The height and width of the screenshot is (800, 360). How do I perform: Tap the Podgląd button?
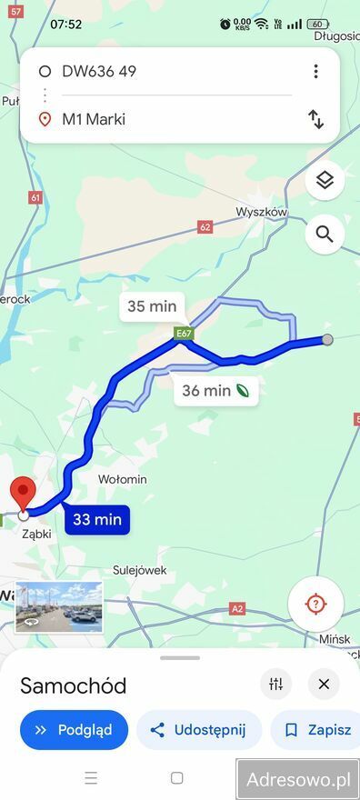click(74, 729)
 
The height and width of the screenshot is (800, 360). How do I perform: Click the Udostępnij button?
click(198, 729)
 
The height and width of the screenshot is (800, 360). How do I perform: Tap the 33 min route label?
click(97, 520)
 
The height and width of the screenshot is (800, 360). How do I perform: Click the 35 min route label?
click(152, 306)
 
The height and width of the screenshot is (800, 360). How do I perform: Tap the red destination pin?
click(23, 495)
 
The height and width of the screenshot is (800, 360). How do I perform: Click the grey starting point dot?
click(327, 340)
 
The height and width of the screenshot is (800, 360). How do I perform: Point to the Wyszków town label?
click(261, 212)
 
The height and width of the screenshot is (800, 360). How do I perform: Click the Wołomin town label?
click(122, 479)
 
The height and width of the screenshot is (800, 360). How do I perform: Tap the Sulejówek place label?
click(140, 570)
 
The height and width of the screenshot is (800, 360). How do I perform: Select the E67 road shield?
click(185, 334)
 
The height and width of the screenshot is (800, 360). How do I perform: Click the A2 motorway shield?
click(238, 608)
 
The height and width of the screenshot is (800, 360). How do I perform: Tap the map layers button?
click(325, 180)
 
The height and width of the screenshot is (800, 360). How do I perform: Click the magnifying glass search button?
click(325, 235)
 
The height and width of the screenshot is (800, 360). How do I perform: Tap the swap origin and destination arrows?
click(315, 119)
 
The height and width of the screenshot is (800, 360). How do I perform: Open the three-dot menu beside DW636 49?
click(315, 71)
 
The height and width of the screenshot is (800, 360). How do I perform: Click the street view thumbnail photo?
click(59, 606)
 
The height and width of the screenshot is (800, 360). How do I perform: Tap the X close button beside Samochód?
click(323, 684)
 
